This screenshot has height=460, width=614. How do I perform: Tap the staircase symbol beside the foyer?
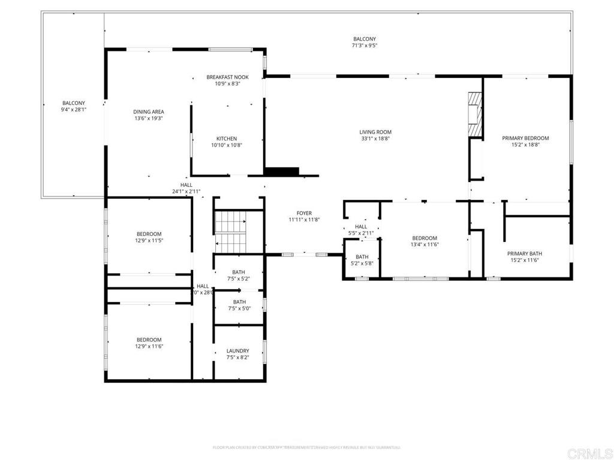tap(231, 233)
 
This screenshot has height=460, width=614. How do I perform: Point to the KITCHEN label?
tap(227, 138)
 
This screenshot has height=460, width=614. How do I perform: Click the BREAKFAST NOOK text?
tap(227, 77)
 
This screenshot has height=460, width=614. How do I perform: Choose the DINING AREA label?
tap(149, 112)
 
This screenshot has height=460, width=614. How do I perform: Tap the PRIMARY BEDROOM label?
tap(525, 138)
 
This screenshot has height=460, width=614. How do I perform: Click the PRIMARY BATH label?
tap(525, 253)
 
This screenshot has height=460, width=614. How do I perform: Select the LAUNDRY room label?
tap(237, 351)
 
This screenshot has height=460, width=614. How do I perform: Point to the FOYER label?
tap(304, 213)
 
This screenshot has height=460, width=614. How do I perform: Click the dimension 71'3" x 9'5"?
tap(365, 46)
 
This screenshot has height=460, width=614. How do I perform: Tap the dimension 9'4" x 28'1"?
tap(74, 110)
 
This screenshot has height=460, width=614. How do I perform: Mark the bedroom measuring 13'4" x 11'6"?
tap(424, 241)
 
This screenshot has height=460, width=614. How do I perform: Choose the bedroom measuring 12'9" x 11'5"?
tap(149, 237)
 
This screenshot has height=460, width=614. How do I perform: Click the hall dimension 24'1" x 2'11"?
tap(186, 192)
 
